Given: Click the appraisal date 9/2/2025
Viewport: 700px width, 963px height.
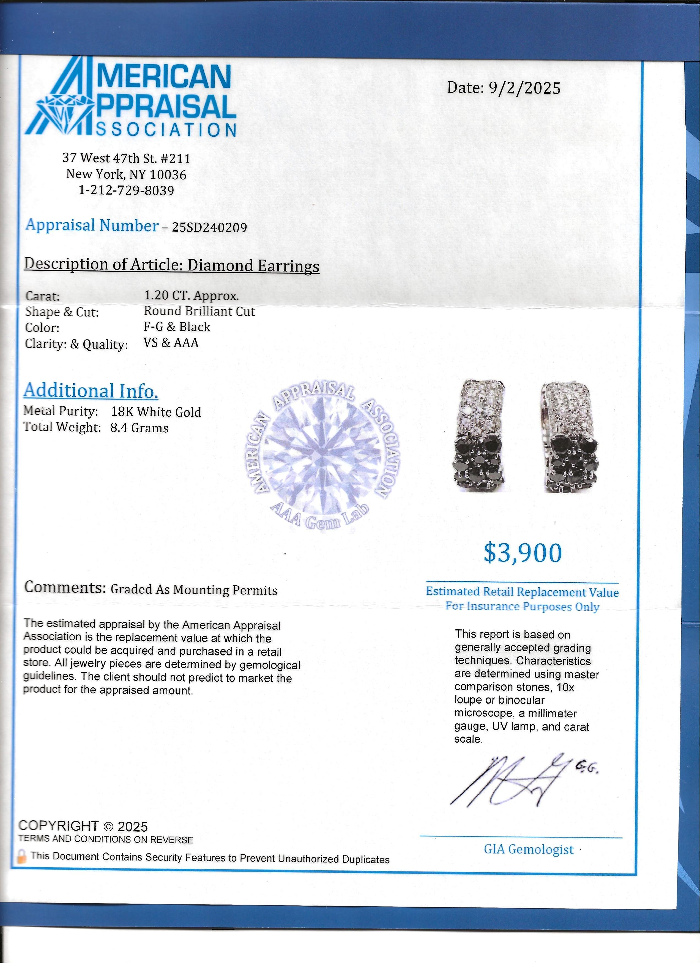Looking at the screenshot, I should coord(524,88).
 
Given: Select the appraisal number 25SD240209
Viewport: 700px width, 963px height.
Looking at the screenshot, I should coord(209,228).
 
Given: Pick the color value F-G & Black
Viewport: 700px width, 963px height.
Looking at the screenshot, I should coord(177,327).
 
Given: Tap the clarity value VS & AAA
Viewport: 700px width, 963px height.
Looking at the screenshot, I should coord(171,343).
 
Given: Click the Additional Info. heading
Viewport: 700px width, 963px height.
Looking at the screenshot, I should coord(91,391).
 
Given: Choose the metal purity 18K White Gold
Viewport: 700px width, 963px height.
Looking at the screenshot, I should coord(156,412).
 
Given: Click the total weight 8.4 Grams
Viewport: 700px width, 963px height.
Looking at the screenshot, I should coord(140,428).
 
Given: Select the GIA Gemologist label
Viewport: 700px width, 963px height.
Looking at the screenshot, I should coord(529,849).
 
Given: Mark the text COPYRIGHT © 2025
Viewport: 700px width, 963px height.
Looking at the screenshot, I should coord(83,826).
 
